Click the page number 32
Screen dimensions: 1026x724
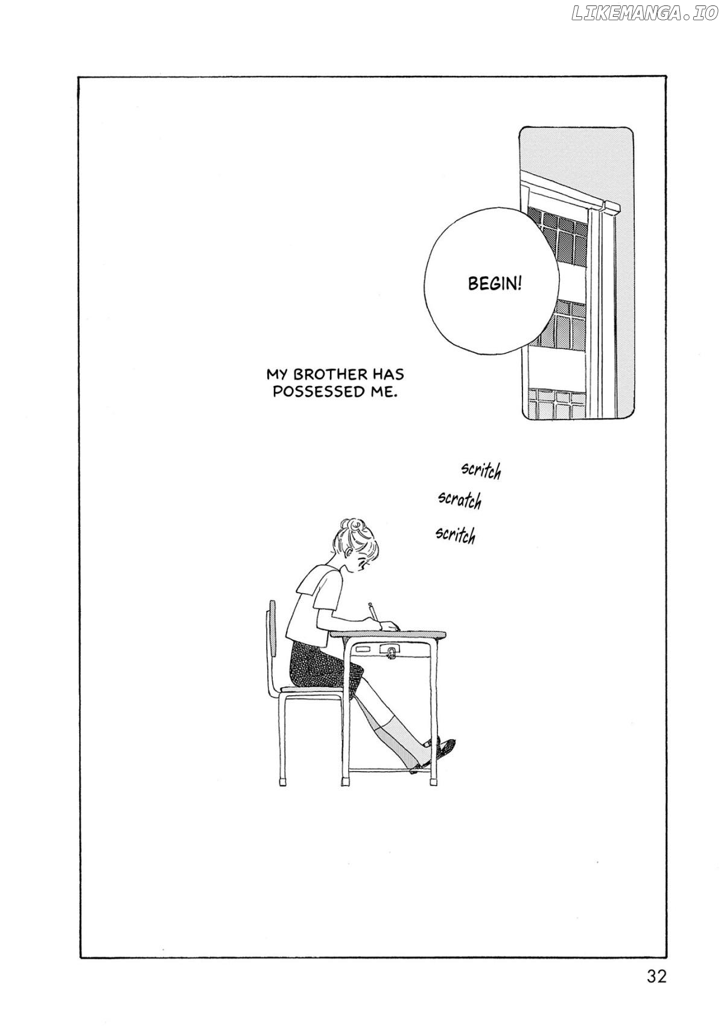coord(655,977)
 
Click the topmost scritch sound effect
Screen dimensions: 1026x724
coord(480,470)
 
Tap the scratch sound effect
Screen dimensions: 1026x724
coord(460,500)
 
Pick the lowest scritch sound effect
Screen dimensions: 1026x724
coord(455,534)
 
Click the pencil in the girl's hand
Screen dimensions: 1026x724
coord(373,611)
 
